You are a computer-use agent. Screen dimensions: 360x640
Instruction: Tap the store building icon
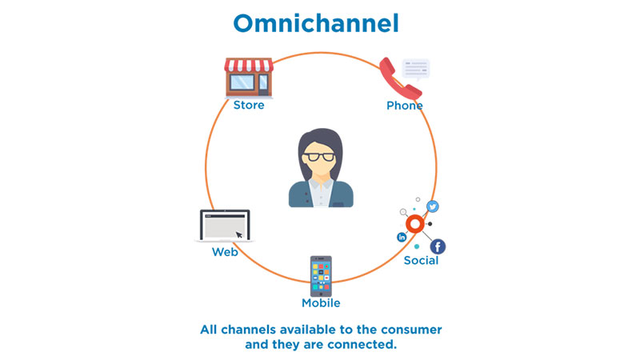[249, 78]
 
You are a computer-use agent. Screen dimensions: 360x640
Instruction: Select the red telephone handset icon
[398, 78]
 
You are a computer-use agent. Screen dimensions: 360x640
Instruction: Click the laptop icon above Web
[224, 226]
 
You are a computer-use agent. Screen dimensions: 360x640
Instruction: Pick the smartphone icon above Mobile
[321, 276]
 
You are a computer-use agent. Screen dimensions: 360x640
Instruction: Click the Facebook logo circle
[438, 246]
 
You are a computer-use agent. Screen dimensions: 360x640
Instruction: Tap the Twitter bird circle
[433, 206]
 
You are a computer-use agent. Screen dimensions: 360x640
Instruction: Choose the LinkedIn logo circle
[402, 238]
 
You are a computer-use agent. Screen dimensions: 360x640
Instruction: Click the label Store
[249, 105]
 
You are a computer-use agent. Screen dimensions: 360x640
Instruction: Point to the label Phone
[405, 106]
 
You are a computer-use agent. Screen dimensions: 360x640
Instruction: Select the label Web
[225, 252]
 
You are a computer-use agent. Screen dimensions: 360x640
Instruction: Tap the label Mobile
[321, 303]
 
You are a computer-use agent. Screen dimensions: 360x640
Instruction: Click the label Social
[421, 261]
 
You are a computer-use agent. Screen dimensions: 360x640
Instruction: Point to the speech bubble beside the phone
[415, 68]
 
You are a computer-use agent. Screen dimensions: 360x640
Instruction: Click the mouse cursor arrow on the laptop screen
[238, 234]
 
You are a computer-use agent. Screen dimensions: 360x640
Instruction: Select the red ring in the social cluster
[414, 225]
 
